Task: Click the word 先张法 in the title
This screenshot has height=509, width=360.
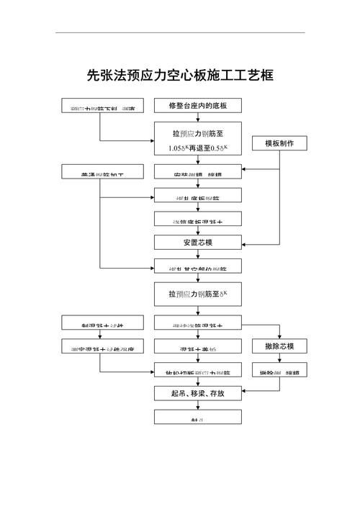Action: (103, 75)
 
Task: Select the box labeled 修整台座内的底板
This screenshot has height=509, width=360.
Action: (198, 106)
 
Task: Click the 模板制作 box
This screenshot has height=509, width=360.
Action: (279, 143)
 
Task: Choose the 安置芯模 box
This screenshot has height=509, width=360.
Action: (198, 242)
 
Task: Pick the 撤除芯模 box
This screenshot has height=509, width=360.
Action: (279, 347)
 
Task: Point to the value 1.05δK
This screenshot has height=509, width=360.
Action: (179, 148)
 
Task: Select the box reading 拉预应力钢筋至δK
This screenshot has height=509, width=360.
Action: (198, 293)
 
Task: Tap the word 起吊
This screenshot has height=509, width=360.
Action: (179, 394)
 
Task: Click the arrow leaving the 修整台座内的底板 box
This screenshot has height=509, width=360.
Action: (198, 117)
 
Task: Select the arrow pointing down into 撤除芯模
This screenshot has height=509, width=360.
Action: (279, 334)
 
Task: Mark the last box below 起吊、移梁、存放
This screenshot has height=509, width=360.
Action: (198, 417)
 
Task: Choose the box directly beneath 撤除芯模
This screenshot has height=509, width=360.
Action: (279, 371)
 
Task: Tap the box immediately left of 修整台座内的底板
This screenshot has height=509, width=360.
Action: (100, 107)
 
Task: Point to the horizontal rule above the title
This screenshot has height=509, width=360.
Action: (180, 32)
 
